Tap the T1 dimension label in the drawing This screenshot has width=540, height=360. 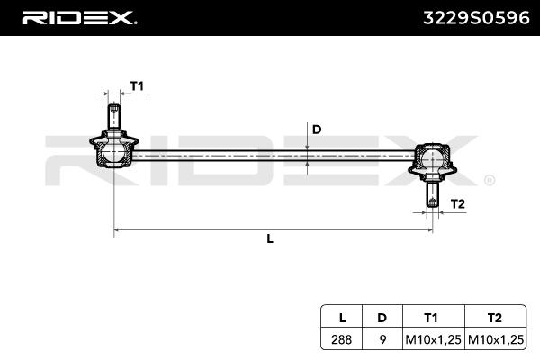[137, 85]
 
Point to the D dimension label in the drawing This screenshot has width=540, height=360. [316, 129]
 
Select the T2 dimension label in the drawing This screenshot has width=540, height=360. [457, 204]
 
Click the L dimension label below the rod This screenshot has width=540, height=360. [270, 239]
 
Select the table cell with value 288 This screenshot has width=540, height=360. [342, 340]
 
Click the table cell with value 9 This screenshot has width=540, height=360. [382, 340]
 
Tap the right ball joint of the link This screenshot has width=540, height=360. [432, 161]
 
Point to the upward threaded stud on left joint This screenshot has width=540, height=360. [114, 116]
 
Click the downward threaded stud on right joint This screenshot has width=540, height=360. [432, 194]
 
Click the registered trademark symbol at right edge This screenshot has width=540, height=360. [489, 180]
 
